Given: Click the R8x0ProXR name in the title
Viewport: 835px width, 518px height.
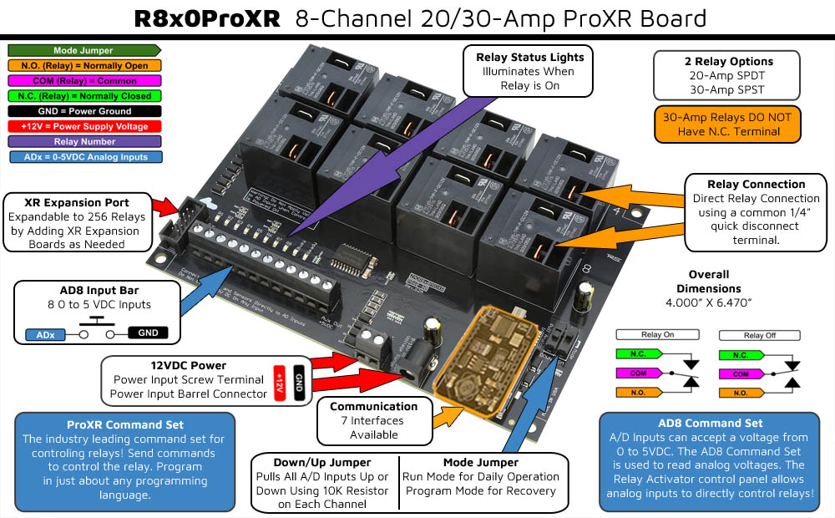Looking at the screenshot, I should coord(206,18).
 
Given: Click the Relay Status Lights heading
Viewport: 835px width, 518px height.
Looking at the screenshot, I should coord(529,57).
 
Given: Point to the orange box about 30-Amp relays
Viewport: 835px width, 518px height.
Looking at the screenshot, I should coord(726,124).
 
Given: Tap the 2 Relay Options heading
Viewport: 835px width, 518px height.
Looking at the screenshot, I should coord(726,61).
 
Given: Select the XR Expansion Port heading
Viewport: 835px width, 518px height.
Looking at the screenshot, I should coord(77,203).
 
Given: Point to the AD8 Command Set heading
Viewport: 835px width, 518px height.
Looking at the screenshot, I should coord(710,424).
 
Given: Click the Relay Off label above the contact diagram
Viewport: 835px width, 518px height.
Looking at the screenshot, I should coord(759,335).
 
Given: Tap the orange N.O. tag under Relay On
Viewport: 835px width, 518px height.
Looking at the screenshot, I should coord(636,393).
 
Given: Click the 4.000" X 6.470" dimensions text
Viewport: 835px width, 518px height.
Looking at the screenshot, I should coord(709,301).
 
